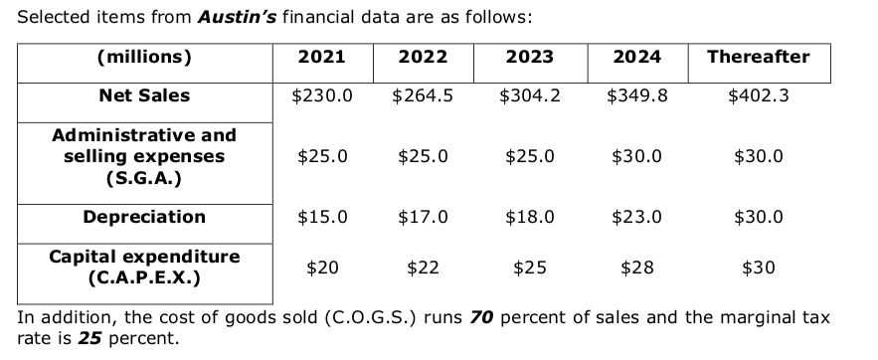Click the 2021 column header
pyautogui.click(x=322, y=57)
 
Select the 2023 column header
pyautogui.click(x=530, y=57)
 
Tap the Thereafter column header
pyautogui.click(x=758, y=57)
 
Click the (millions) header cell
pyautogui.click(x=144, y=57)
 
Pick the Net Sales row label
pyautogui.click(x=144, y=96)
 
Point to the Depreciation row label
pyautogui.click(x=144, y=217)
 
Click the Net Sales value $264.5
pyautogui.click(x=423, y=96)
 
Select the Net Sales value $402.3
pyautogui.click(x=758, y=96)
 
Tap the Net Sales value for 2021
pyautogui.click(x=322, y=96)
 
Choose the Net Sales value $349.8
pyautogui.click(x=636, y=96)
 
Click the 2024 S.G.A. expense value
pyautogui.click(x=636, y=157)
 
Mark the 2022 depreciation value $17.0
pyautogui.click(x=423, y=217)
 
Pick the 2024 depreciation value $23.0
pyautogui.click(x=636, y=217)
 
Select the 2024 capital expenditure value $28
pyautogui.click(x=636, y=267)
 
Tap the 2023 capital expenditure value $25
pyautogui.click(x=530, y=267)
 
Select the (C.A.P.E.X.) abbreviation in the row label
pyautogui.click(x=144, y=277)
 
